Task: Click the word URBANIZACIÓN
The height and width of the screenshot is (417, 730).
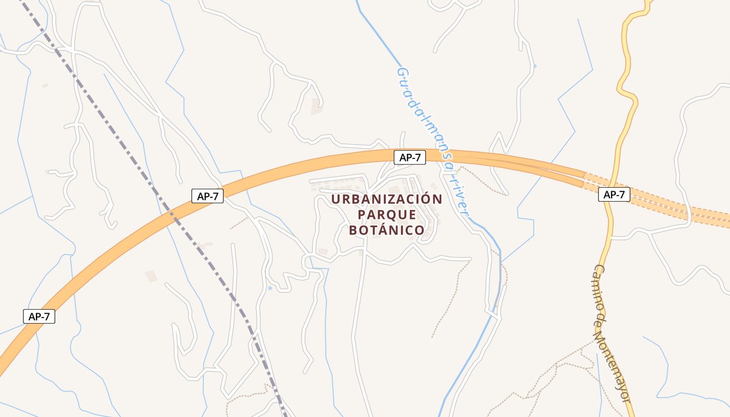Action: coord(386,200)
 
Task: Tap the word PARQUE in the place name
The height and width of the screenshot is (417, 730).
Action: coord(386,215)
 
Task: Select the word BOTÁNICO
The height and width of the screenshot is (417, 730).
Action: coord(386,230)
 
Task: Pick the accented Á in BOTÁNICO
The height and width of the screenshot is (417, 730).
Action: coord(380,229)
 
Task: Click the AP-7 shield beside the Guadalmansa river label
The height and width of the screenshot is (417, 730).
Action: coord(410,157)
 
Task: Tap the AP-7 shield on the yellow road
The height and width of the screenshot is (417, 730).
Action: coord(614,195)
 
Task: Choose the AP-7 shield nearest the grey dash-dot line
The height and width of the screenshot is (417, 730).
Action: coord(207,196)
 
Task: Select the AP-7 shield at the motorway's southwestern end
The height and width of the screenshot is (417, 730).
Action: coord(39,316)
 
